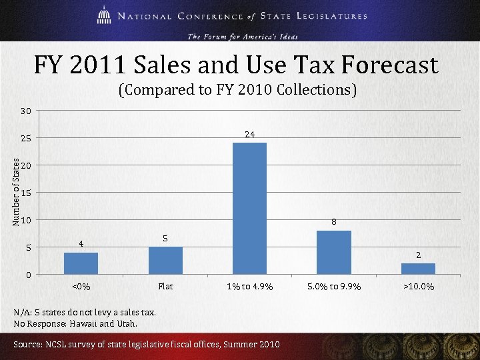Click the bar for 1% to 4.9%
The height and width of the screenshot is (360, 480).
(x=249, y=208)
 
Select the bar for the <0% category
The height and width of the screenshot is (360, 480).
(x=81, y=263)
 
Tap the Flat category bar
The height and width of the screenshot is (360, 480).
(x=165, y=260)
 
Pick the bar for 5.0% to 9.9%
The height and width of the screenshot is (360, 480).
(x=333, y=252)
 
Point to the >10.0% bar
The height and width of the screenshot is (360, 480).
(x=418, y=268)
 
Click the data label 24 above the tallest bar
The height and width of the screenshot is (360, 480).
(x=249, y=135)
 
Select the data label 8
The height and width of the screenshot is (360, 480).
(x=333, y=223)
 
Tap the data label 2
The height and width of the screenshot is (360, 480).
(x=418, y=255)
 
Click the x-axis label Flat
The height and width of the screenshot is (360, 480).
(x=165, y=287)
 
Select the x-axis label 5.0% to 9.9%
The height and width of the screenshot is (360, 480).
(x=333, y=287)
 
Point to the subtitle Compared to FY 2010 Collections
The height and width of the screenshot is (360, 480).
(x=237, y=89)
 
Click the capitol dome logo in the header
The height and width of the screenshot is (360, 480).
(x=103, y=15)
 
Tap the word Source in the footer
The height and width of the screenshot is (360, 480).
(x=27, y=344)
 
